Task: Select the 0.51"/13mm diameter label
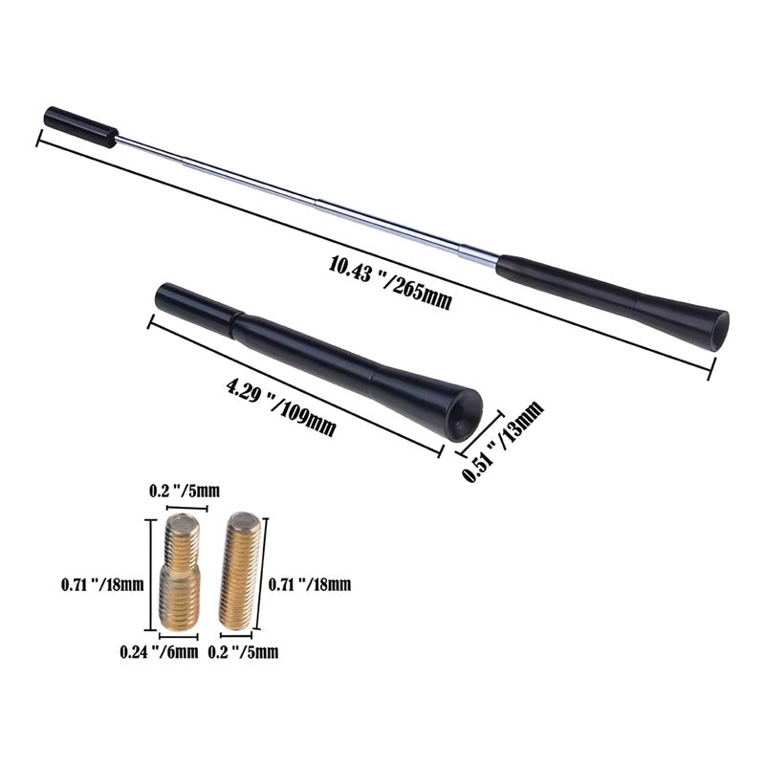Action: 503,442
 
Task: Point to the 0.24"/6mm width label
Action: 159,652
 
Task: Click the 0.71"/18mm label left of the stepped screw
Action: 102,584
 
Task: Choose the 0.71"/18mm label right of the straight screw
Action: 310,584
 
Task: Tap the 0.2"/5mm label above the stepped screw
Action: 185,491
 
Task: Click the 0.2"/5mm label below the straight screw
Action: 243,652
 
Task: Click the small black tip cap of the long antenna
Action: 81,127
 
